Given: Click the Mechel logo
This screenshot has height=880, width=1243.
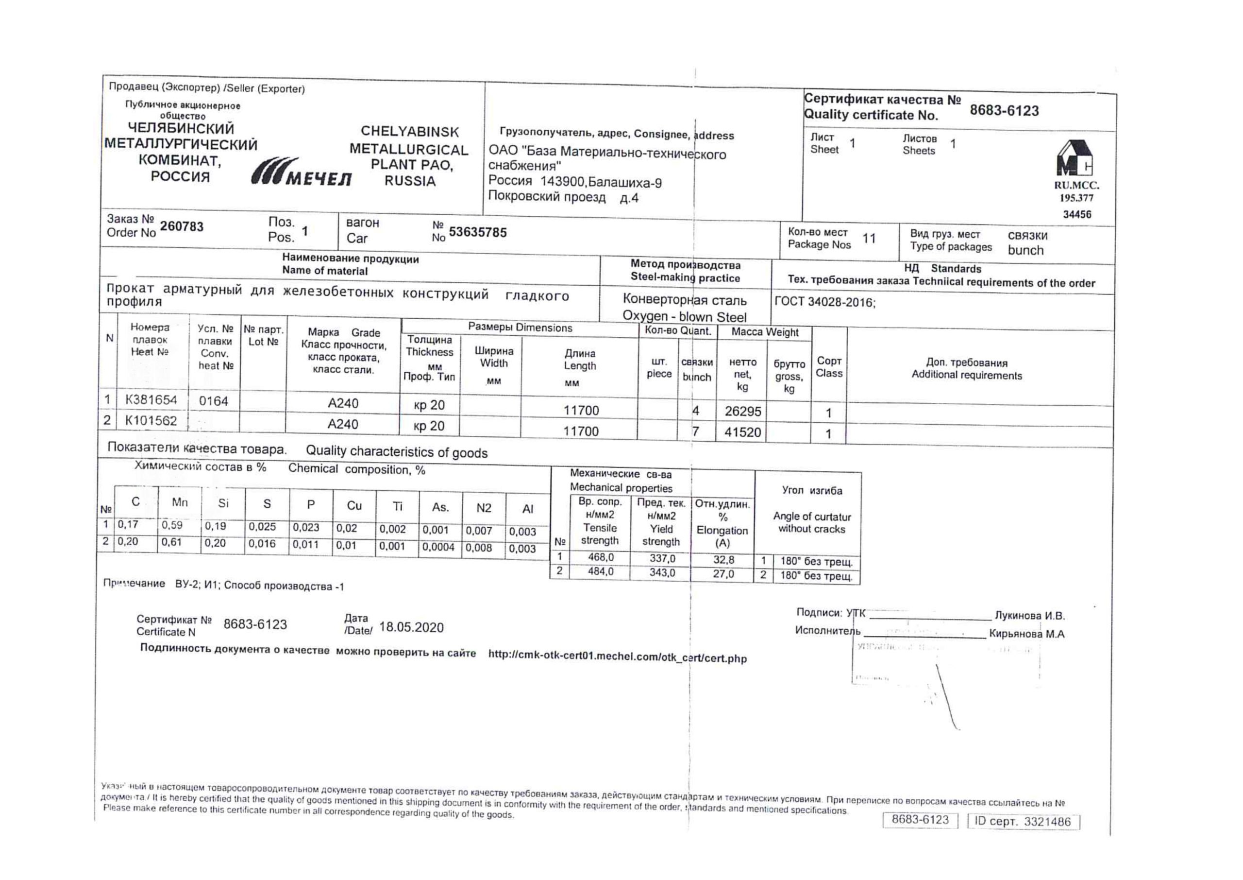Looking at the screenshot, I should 301,172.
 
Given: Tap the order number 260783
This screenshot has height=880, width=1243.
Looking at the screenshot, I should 182,226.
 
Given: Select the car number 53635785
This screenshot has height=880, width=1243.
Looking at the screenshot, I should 477,232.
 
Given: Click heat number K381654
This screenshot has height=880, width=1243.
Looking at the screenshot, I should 151,400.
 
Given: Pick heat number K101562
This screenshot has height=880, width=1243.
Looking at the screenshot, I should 151,420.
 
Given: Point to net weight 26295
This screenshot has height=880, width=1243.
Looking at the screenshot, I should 743,411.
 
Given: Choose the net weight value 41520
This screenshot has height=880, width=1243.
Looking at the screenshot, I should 743,432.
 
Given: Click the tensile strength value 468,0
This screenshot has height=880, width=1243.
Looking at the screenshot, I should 601,557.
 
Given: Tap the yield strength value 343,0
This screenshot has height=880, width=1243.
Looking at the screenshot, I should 662,573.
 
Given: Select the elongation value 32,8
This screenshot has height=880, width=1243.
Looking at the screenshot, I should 723,560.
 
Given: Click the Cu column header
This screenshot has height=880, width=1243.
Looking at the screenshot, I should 354,505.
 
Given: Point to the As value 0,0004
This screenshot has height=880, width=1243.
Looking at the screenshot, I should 438,547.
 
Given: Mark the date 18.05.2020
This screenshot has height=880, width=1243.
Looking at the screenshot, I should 411,627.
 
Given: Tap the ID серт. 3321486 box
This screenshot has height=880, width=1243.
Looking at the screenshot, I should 1023,822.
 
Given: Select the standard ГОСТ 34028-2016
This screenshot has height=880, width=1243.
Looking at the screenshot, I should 824,302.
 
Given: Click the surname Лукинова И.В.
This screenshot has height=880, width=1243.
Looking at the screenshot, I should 1029,616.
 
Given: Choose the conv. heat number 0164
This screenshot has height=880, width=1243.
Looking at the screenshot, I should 213,401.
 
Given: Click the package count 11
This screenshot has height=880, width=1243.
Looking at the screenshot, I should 869,239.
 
